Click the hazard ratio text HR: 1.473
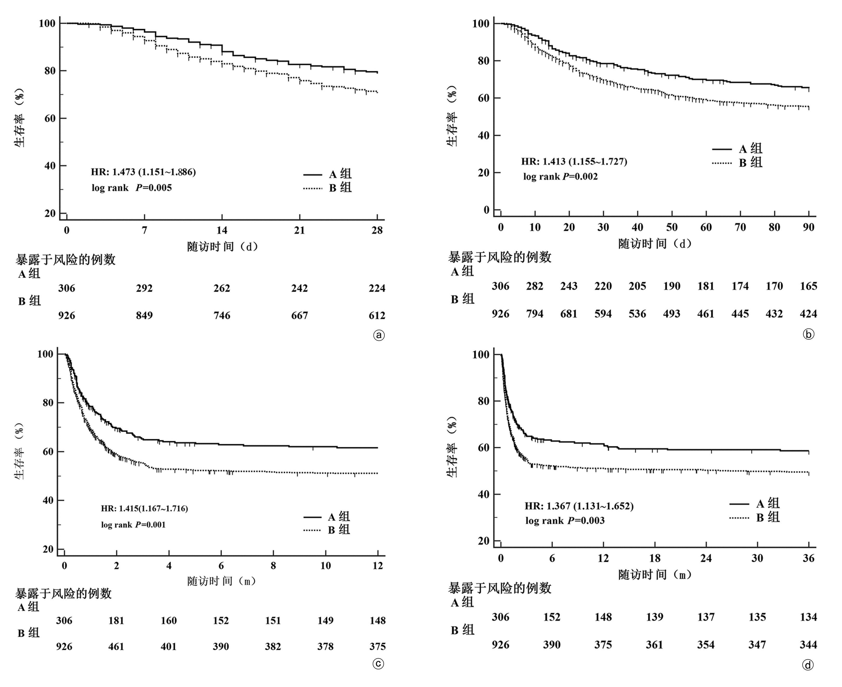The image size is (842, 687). (x=143, y=172)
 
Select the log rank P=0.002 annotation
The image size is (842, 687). (x=560, y=176)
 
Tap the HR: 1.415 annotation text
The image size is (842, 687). (x=144, y=508)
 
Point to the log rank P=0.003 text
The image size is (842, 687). (x=565, y=521)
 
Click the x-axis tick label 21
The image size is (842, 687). (x=299, y=230)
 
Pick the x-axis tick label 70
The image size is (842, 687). (x=740, y=227)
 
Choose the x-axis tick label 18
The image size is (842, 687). (x=654, y=558)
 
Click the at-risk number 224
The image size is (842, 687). (x=377, y=288)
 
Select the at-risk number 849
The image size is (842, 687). (x=144, y=315)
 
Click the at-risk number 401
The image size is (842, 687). (x=169, y=647)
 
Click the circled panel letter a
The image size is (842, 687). (x=379, y=336)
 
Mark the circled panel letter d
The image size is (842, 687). (x=808, y=665)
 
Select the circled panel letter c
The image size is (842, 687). (x=378, y=664)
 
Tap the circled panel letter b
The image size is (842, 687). (x=808, y=334)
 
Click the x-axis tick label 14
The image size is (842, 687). (x=222, y=230)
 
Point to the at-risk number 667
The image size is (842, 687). (x=299, y=315)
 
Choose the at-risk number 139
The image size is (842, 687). (x=654, y=617)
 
